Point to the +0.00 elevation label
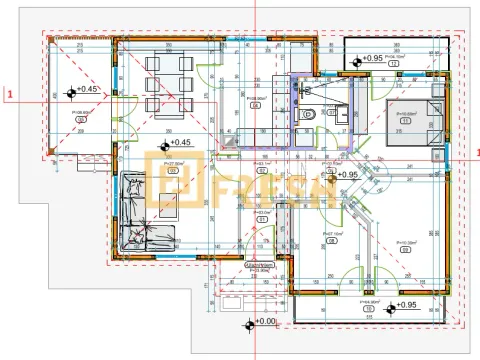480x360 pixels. pyautogui.click(x=266, y=322)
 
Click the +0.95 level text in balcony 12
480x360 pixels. pyautogui.click(x=373, y=59)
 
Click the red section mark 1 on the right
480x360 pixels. pyautogui.click(x=476, y=151)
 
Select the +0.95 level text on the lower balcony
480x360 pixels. pyautogui.click(x=405, y=304)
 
